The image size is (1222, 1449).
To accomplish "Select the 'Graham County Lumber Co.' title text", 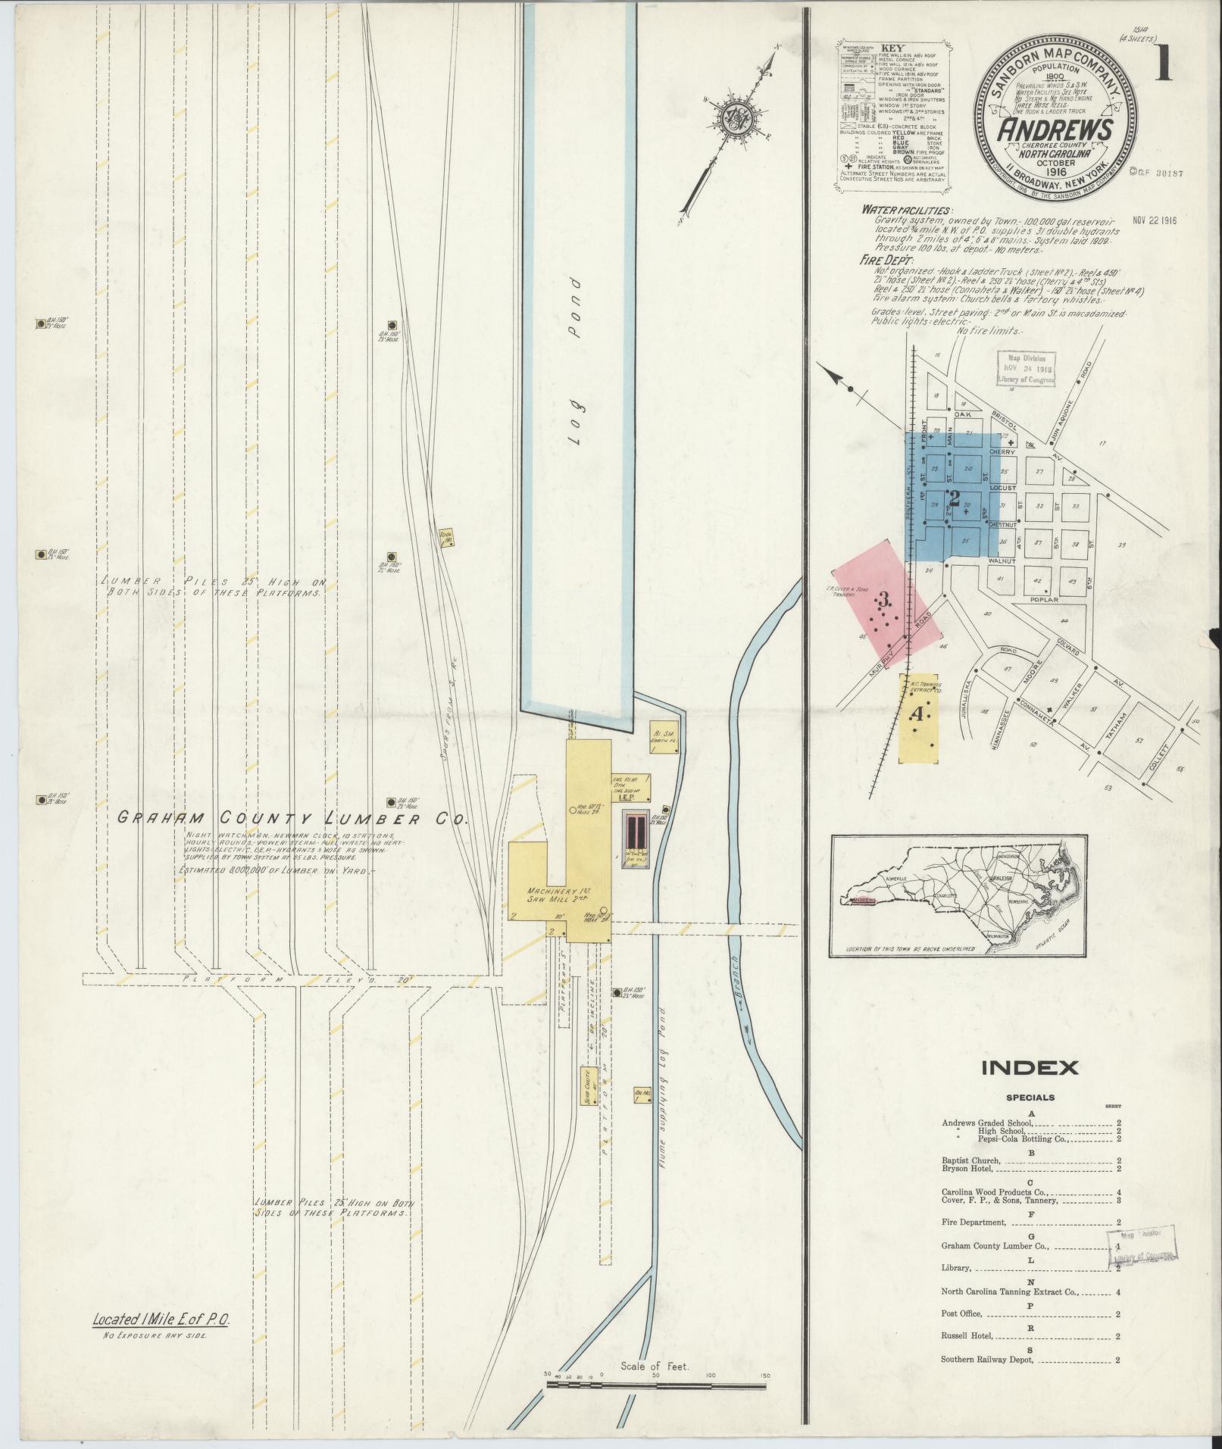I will (x=292, y=819).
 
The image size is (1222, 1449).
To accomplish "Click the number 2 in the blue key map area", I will (x=954, y=498).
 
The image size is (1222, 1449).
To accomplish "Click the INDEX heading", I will (x=1030, y=1068).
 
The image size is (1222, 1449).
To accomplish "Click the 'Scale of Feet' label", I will (x=653, y=1366).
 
